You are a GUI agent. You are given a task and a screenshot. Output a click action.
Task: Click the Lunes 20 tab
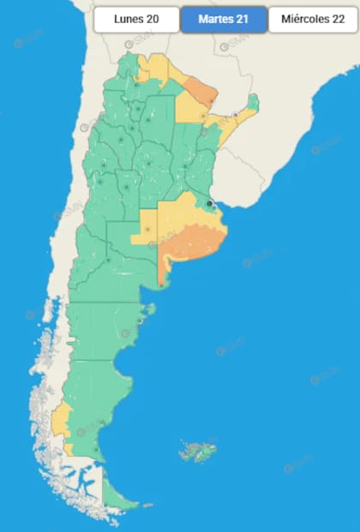point(136,19)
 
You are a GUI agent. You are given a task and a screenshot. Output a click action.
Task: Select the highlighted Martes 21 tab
point(224,19)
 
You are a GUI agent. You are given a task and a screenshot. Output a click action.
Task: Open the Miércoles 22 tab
point(312,19)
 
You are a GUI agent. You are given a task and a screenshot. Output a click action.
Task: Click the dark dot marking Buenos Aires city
point(209,203)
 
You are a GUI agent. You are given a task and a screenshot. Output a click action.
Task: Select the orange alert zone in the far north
point(203,87)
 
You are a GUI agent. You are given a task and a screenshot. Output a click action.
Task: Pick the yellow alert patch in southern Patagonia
point(60,421)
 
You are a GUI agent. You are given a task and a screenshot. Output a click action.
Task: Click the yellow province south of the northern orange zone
point(189,106)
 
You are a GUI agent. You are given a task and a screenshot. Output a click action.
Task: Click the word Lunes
point(128,19)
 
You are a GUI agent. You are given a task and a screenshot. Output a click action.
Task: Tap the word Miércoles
point(303,19)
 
